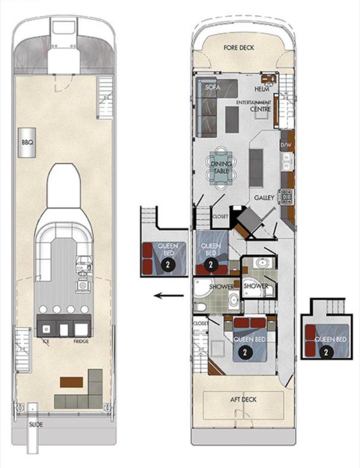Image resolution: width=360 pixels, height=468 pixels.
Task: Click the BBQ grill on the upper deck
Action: [26, 143]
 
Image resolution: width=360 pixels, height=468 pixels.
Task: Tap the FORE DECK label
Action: [239, 48]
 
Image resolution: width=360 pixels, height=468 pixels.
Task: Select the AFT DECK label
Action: [243, 400]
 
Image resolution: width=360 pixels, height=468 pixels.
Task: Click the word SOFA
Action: [212, 87]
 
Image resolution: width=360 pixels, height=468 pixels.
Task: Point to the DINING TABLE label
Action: [221, 168]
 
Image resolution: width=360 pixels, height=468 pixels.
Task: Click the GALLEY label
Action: [264, 197]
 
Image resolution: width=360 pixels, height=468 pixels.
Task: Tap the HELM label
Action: [262, 89]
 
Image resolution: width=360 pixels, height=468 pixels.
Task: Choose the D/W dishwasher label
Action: [286, 145]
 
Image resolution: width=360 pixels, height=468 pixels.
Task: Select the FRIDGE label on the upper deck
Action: [81, 342]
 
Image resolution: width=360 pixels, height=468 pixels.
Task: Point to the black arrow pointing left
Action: [169, 296]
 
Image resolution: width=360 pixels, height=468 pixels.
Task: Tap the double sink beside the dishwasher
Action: [287, 161]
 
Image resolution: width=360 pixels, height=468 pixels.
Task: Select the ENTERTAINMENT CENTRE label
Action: [254, 106]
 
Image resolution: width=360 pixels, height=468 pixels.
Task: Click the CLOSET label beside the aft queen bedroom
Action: [201, 323]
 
